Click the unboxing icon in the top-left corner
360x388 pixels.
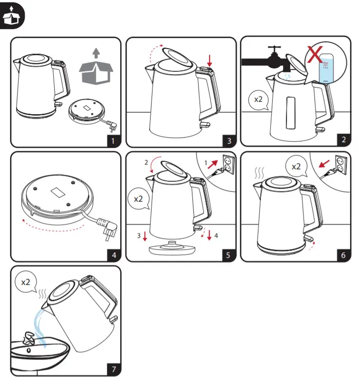click(x=11, y=16)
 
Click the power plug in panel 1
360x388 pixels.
click(x=113, y=127)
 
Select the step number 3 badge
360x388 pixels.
click(x=229, y=140)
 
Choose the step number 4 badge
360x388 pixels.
click(x=114, y=255)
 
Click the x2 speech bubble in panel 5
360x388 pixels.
click(x=138, y=199)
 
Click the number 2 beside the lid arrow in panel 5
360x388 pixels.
click(x=146, y=163)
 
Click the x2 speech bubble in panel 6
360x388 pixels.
click(x=295, y=167)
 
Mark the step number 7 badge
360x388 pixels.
click(x=114, y=369)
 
